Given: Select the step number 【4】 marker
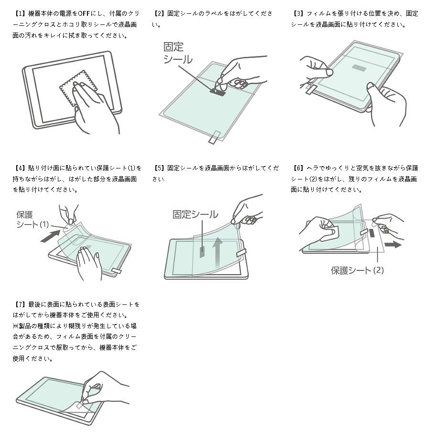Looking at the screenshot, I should pos(20,168).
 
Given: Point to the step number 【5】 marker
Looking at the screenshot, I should pos(159,168).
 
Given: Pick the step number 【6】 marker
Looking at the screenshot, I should pos(298,168).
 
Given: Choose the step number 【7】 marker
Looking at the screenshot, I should pos(20,304).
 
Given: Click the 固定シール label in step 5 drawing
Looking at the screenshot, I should pos(195,214).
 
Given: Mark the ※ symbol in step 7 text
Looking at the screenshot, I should pos(15,326).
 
